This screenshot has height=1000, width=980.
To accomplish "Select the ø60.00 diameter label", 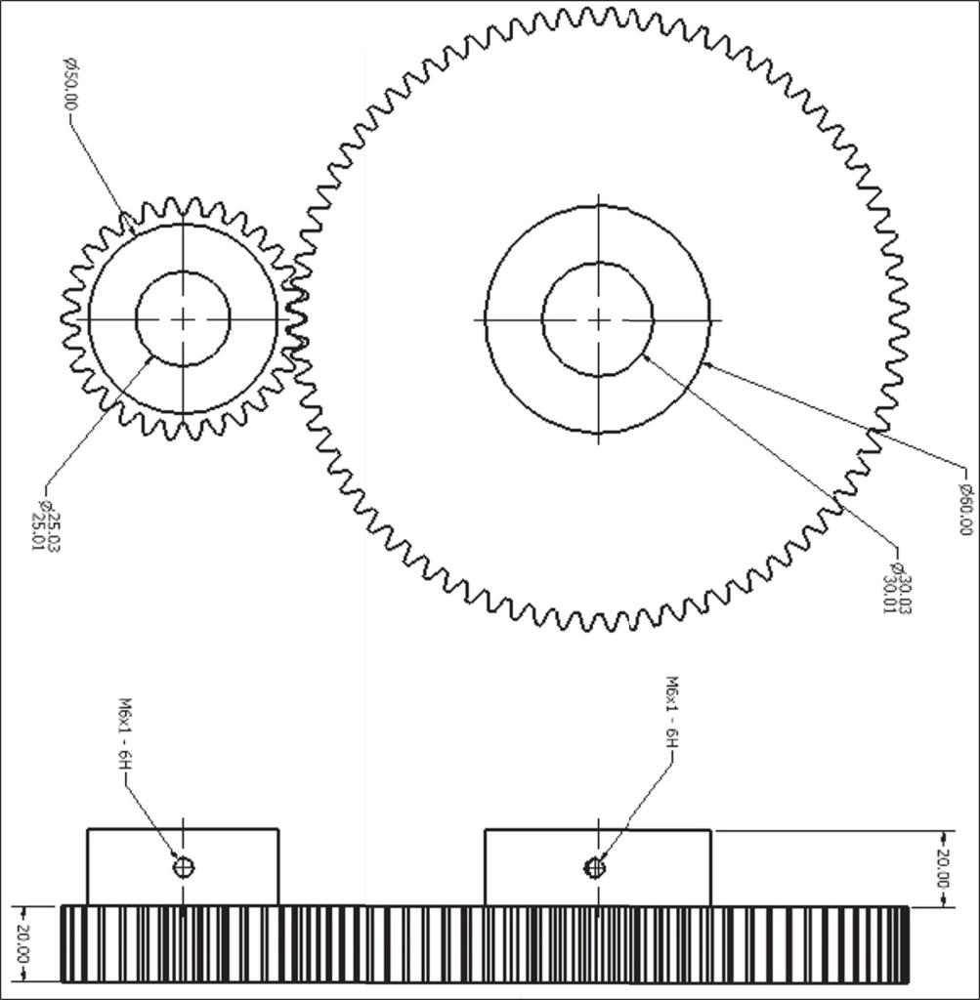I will [x=966, y=509].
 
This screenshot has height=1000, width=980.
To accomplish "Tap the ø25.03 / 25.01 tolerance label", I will [x=46, y=530].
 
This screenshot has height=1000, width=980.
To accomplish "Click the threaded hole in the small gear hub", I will [x=184, y=866].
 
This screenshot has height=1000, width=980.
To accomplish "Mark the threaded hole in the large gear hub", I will [x=595, y=866].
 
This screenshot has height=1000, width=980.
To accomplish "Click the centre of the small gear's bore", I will [x=183, y=318].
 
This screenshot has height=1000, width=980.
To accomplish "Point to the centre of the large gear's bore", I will [x=598, y=319].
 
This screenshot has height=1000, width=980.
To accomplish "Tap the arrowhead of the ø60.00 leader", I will [x=705, y=364].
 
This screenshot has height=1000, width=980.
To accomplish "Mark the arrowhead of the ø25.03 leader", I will [x=149, y=359].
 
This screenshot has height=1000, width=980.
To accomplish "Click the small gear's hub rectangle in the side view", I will [x=183, y=867].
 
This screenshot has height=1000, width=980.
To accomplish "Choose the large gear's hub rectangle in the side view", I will [x=597, y=867].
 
